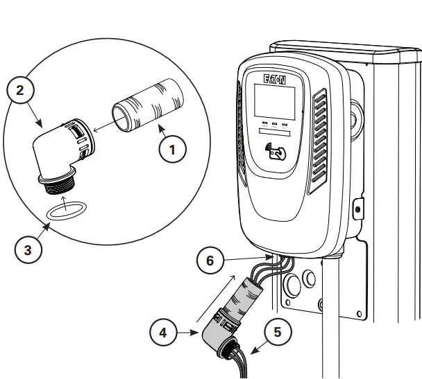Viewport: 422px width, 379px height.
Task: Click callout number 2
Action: tap(20, 89)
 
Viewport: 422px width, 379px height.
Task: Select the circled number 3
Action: tap(27, 250)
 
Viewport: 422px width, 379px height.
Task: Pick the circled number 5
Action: tap(278, 332)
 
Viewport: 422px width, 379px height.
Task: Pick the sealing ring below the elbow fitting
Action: tap(63, 209)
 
